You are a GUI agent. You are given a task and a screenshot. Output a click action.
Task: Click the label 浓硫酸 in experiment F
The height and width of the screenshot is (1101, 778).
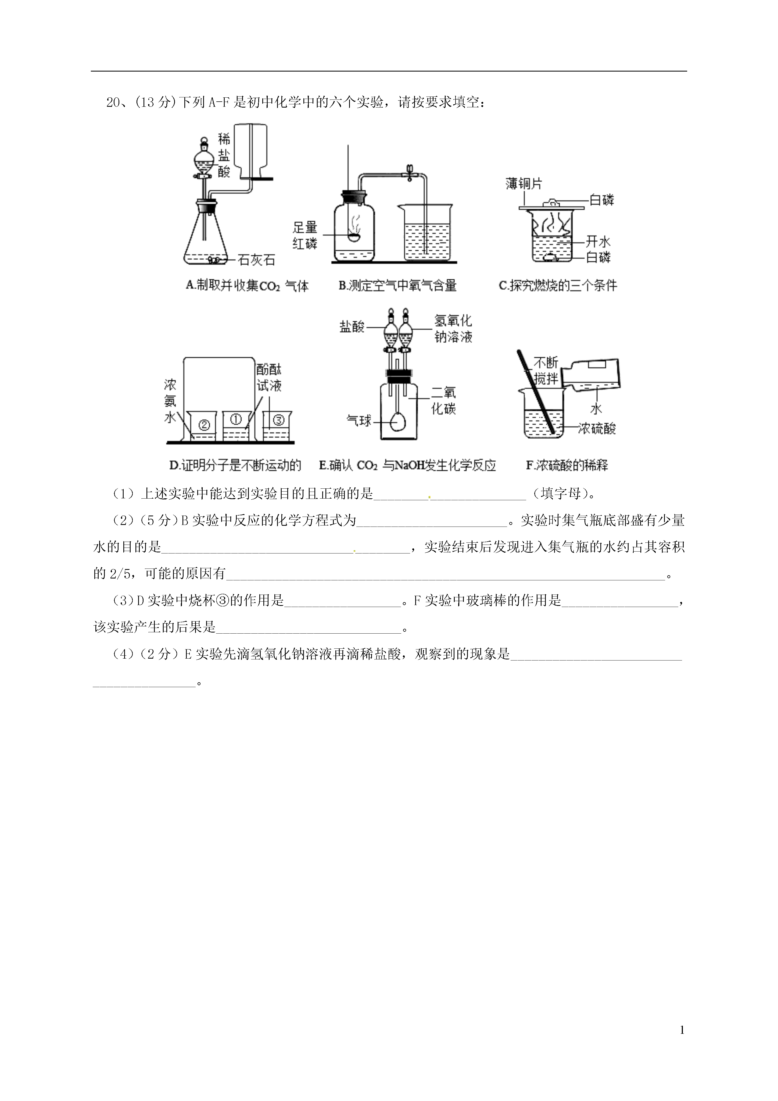tap(597, 428)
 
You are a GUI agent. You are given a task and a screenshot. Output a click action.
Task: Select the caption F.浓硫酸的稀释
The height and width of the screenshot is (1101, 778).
tap(567, 465)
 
